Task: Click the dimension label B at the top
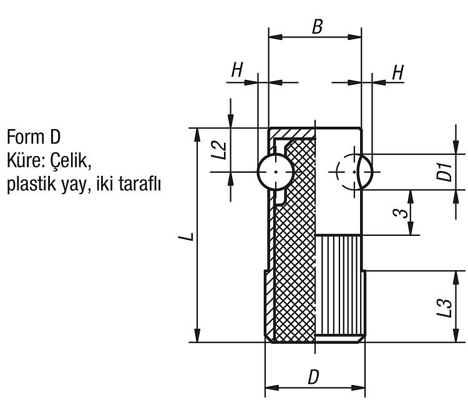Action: coord(317,27)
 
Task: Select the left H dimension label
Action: coord(237,70)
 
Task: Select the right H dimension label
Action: coord(398,72)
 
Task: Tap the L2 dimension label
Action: coord(220,150)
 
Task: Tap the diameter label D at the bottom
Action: coord(313,377)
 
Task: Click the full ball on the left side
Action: coord(275,172)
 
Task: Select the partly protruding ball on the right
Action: coord(365,172)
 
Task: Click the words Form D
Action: coord(34,137)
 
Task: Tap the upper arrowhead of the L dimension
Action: coord(197,135)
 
